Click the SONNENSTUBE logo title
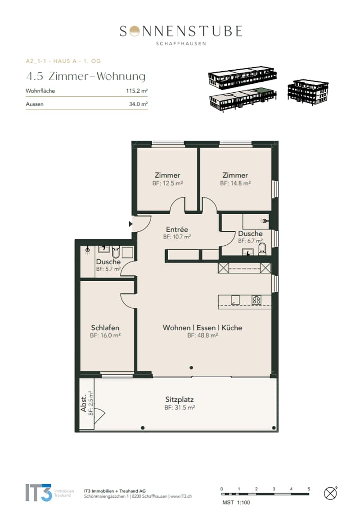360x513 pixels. tap(180, 31)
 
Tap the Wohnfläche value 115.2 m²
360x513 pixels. tap(137, 90)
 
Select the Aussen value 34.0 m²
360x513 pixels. tap(138, 104)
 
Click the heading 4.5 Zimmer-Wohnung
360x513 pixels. tap(86, 76)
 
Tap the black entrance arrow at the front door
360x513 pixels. tap(130, 224)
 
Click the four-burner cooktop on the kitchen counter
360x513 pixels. tap(256, 300)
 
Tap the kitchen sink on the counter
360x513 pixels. tap(235, 300)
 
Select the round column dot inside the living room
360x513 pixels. tap(191, 368)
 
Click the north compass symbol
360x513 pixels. tap(331, 493)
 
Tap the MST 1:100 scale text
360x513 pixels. tap(236, 503)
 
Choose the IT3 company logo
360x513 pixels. tap(39, 493)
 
